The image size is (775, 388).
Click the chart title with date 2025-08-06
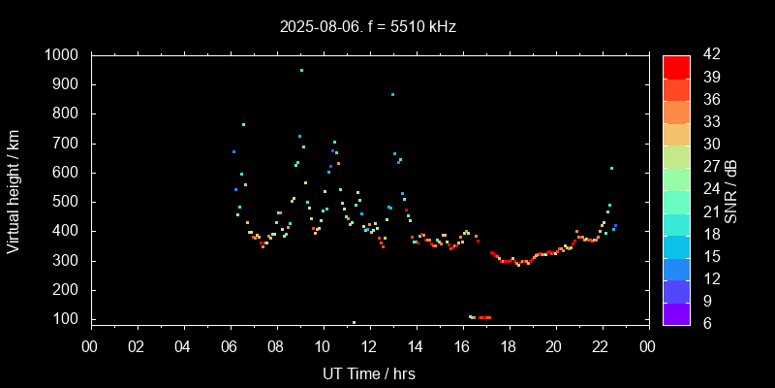[x=367, y=26]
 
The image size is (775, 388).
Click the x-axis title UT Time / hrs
[x=368, y=373]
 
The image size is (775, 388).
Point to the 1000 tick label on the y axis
[x=61, y=55]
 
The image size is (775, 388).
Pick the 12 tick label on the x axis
[x=369, y=345]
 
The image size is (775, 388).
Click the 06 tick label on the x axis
[x=230, y=345]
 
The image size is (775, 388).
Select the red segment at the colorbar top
[x=676, y=66]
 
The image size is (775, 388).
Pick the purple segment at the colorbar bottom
[x=676, y=313]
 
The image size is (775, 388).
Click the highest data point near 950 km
[x=301, y=70]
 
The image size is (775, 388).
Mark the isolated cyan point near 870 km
[x=392, y=94]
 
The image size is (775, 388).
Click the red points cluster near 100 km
[x=484, y=317]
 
